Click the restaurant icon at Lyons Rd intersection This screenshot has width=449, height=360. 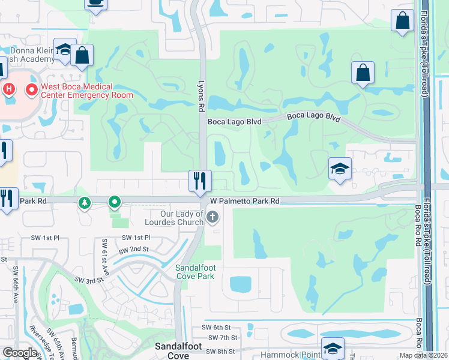(199, 181)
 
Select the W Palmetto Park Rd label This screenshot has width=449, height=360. (245, 202)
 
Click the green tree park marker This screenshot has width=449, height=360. (85, 203)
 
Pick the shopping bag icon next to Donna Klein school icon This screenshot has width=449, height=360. (82, 55)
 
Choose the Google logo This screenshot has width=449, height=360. (20, 353)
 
